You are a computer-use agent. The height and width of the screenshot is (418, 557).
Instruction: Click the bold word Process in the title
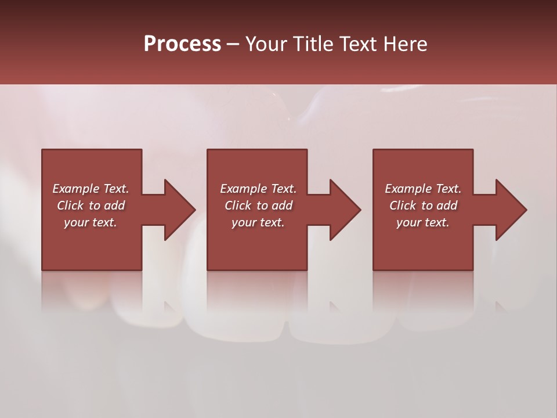(x=182, y=44)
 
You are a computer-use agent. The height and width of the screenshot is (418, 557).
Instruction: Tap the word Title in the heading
(x=310, y=44)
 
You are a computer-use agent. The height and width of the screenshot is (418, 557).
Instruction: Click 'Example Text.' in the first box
(x=91, y=189)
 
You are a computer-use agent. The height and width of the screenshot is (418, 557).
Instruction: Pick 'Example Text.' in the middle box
(x=258, y=189)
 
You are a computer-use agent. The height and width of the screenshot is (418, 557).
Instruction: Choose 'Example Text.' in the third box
(x=423, y=189)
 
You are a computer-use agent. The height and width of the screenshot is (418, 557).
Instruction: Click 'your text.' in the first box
(x=91, y=222)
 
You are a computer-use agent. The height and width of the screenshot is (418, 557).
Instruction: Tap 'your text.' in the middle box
(x=258, y=222)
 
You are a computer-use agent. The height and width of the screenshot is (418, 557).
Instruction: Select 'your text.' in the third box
(x=423, y=222)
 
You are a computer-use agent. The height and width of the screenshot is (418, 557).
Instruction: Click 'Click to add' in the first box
(x=91, y=206)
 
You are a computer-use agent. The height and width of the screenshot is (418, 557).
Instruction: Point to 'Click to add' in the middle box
(x=258, y=206)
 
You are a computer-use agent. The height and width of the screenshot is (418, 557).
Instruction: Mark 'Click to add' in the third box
(x=423, y=206)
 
